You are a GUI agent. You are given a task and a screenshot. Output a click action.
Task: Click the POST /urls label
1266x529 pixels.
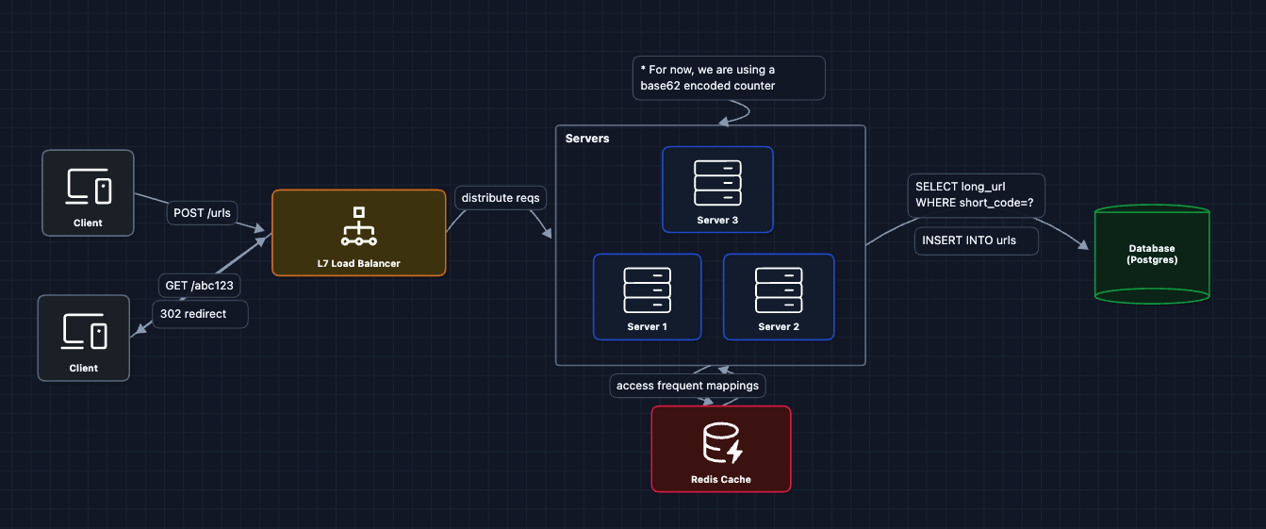pos(203,213)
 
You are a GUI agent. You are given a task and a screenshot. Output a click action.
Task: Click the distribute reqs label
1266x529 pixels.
pos(501,198)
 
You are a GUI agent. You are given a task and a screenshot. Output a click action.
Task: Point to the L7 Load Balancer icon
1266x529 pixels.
pos(358,225)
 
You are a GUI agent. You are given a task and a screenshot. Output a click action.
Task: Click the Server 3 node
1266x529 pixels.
pos(717,189)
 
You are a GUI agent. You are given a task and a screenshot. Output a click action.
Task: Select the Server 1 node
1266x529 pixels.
pos(647,296)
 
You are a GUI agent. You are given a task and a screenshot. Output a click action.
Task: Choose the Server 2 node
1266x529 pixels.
pos(778,296)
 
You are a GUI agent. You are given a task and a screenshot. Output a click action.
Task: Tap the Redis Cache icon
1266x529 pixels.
pos(721,443)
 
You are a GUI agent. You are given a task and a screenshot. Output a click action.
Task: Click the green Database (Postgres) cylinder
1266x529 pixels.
pos(1151,255)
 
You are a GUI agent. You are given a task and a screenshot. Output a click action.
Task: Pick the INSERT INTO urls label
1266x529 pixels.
pos(976,240)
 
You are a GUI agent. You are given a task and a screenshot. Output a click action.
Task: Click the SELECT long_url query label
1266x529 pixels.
pos(976,195)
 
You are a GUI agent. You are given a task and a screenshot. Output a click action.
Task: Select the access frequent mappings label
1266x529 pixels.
pos(687,386)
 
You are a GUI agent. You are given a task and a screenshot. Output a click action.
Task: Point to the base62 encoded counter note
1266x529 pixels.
pos(728,77)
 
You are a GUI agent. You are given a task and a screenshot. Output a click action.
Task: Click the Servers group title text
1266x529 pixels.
pos(587,139)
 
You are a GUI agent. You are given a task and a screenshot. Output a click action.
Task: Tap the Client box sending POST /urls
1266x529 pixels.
pos(88,192)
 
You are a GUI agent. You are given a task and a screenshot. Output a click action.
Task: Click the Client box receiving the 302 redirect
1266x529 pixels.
pos(83,338)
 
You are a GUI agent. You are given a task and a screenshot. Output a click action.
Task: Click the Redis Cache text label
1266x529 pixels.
pos(721,479)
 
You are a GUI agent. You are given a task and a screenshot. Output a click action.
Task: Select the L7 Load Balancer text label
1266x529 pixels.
pos(358,263)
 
